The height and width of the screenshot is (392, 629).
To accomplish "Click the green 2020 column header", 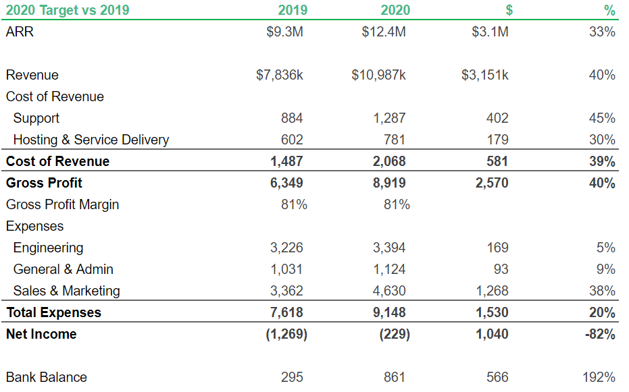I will [x=395, y=10].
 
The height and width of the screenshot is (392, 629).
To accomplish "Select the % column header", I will [x=609, y=10].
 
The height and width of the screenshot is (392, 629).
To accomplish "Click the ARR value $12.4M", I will [x=384, y=32].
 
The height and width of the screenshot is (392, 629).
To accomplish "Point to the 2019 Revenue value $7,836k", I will [x=280, y=75].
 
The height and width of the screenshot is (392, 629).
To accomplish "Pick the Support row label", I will [x=36, y=118].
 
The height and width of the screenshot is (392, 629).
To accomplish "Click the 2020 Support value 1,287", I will [x=389, y=118].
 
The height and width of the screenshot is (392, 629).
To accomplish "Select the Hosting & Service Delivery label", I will [x=91, y=140].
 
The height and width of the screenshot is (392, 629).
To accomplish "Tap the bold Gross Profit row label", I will [x=45, y=183].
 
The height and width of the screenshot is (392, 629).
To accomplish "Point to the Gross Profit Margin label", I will [x=62, y=204].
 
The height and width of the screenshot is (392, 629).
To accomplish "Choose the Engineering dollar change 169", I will [x=497, y=248].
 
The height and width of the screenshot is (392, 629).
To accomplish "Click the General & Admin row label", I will [x=64, y=269].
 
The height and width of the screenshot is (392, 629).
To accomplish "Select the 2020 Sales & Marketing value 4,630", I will [x=389, y=291].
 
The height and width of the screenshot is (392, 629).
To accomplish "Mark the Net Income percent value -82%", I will [x=600, y=334].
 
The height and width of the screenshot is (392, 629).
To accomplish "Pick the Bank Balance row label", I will [x=47, y=377].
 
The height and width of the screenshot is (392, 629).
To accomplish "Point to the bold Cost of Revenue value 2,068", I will [x=389, y=161].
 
